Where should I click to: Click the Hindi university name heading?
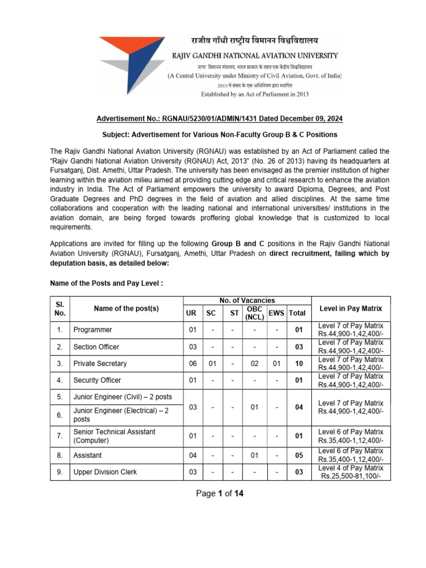click(x=247, y=40)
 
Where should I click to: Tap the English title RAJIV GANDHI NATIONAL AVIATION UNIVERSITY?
click(x=255, y=55)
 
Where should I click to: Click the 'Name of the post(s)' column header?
click(x=126, y=308)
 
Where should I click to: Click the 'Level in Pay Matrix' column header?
click(x=351, y=308)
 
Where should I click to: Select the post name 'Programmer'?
click(x=93, y=330)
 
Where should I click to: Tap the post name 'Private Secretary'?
click(x=100, y=364)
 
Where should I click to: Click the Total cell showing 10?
click(x=299, y=364)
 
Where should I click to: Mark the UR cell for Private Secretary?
click(x=192, y=364)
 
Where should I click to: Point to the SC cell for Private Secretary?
click(x=211, y=364)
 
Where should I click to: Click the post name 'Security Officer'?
click(x=97, y=381)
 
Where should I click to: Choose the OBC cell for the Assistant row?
click(x=254, y=455)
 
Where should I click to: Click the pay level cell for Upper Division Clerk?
click(x=351, y=472)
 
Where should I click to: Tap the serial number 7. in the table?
click(x=59, y=436)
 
